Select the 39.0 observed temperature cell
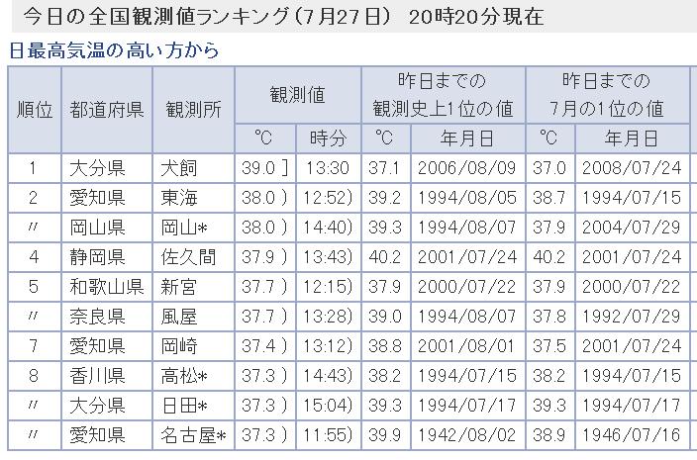tap(263, 169)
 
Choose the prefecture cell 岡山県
tap(97, 228)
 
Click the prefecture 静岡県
tap(97, 257)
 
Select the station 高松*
tap(186, 376)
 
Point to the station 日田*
tap(186, 406)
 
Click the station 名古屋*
tap(194, 435)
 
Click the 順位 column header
tap(35, 110)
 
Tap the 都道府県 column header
tap(108, 110)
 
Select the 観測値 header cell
tap(297, 95)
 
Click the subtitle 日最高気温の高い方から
tap(115, 49)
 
